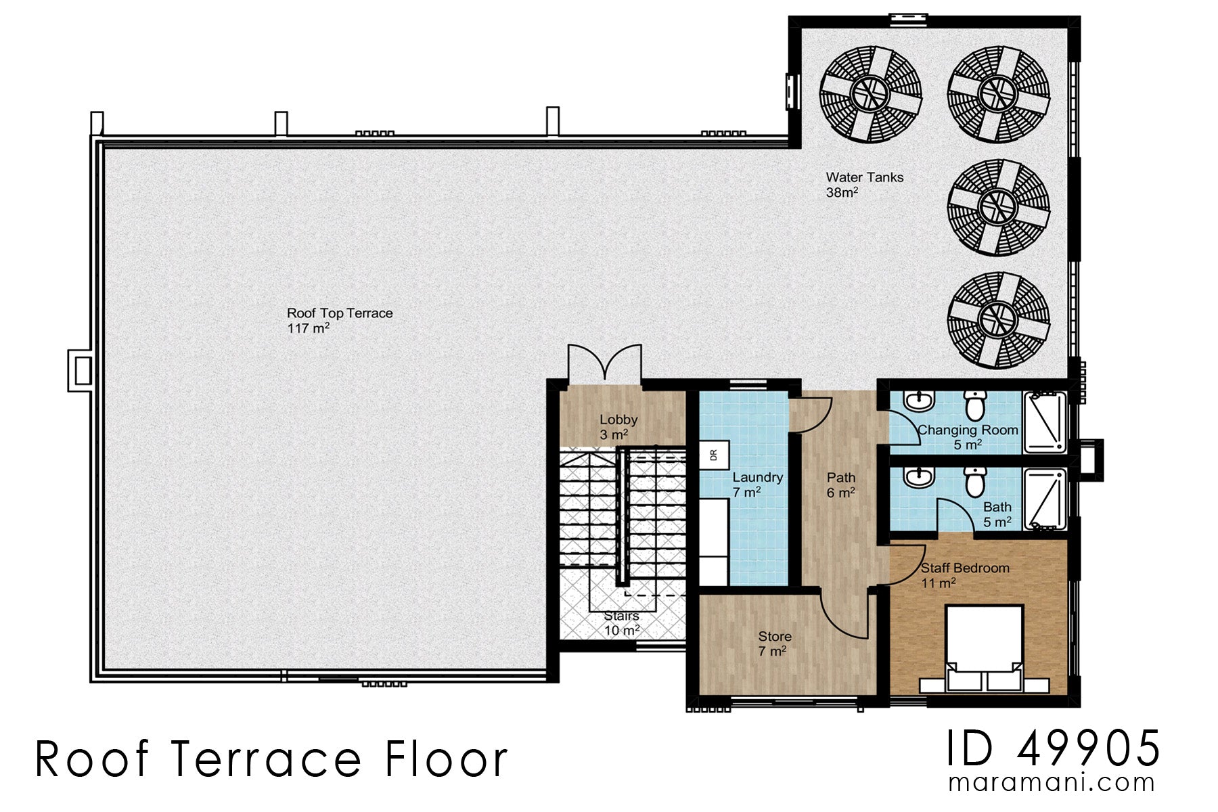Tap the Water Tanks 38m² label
coord(864,185)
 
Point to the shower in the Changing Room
coord(1044,422)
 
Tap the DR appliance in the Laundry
coord(714,455)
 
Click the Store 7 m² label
coord(774,644)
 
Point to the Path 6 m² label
coord(841,485)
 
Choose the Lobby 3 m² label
coord(618,427)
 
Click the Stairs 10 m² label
coord(621,623)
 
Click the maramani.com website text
coord(1052,783)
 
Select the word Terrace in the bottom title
coord(267,759)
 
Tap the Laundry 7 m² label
coord(757,484)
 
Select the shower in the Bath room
coord(1044,499)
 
